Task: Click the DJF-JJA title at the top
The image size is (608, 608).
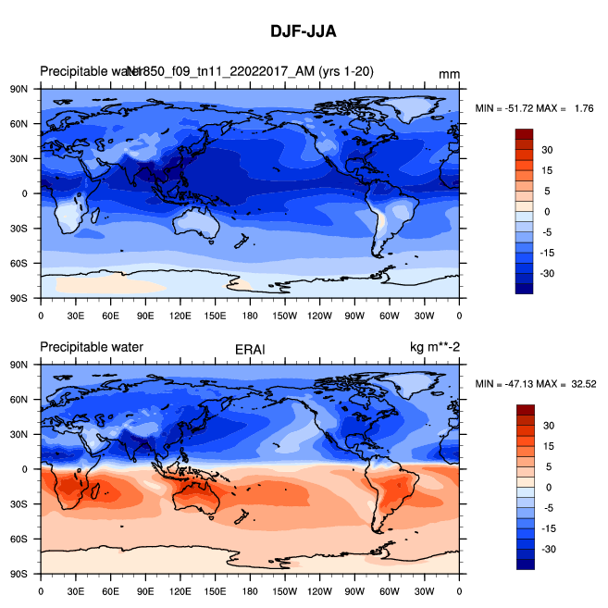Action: click(x=304, y=31)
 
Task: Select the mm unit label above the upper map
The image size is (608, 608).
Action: click(x=450, y=74)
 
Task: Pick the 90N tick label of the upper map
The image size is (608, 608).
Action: click(x=19, y=89)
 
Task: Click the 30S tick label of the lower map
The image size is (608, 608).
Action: click(x=19, y=503)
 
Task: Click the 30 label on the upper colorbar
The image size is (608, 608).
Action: click(x=547, y=149)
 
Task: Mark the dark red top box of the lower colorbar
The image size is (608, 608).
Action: click(x=525, y=410)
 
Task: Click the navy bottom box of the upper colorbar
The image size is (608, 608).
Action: click(x=525, y=288)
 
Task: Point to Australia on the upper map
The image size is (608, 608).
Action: click(x=196, y=221)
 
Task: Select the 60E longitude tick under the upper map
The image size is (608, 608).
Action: click(x=110, y=315)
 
